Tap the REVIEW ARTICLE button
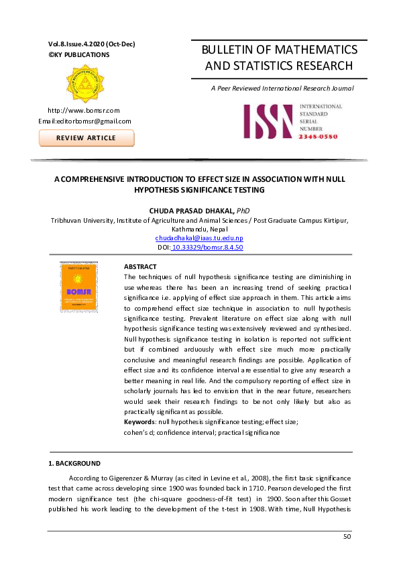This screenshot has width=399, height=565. click(87, 138)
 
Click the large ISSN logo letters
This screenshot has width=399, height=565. click(268, 121)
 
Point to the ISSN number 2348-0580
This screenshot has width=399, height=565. click(319, 136)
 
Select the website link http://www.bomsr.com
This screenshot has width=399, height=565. click(83, 109)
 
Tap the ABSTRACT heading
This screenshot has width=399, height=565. click(141, 266)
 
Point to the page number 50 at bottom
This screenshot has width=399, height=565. click(347, 537)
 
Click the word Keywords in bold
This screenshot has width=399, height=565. click(139, 421)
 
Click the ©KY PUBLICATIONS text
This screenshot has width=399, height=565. click(76, 54)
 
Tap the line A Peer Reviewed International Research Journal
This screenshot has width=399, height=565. click(282, 88)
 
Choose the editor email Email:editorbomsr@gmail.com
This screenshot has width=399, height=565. click(85, 121)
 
